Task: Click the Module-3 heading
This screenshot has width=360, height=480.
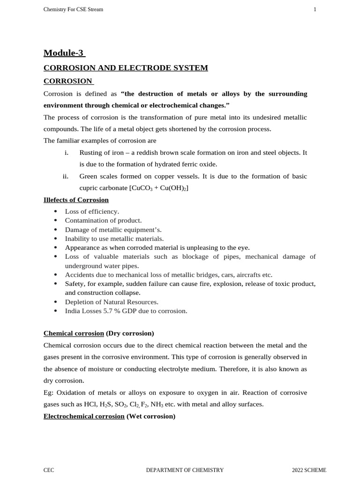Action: [64, 52]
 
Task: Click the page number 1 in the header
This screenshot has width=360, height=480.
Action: [315, 9]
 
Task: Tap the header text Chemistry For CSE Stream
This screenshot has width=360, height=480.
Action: [73, 9]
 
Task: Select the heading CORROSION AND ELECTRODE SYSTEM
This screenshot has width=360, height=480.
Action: [126, 68]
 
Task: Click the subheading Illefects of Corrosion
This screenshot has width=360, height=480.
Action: [76, 200]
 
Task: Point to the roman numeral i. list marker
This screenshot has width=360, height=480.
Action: [66, 153]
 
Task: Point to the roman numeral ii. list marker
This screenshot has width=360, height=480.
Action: [66, 176]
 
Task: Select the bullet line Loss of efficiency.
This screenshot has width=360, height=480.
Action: [92, 211]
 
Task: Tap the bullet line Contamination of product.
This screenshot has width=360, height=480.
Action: [103, 220]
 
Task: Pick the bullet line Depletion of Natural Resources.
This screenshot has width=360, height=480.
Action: [112, 302]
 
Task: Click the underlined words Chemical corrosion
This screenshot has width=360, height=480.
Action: [74, 333]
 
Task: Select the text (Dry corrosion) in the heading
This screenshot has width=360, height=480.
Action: [130, 333]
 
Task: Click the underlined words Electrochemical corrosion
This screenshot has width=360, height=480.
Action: [84, 416]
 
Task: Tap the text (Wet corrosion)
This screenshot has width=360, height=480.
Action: [151, 416]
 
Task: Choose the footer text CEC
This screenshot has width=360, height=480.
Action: [49, 470]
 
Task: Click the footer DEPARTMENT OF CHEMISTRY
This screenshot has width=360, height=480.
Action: [185, 470]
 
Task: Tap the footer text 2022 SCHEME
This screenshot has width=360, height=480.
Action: [309, 470]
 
